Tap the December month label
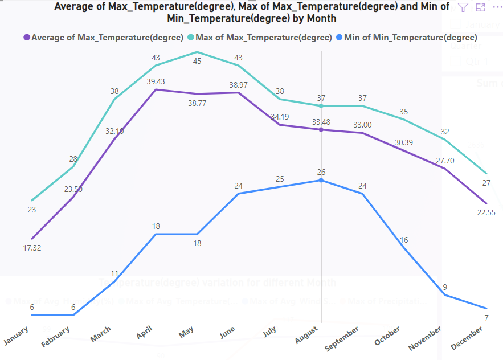(x=467, y=339)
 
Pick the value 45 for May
(x=197, y=61)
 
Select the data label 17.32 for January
(x=32, y=248)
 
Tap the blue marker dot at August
(x=321, y=180)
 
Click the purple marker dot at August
(x=321, y=130)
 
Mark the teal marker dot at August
(x=321, y=106)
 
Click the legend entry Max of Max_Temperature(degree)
(x=263, y=38)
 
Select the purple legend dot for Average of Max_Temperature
(x=26, y=38)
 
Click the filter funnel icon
(x=463, y=7)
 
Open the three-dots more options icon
(x=497, y=7)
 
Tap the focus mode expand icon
(x=480, y=7)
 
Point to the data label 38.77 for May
(x=197, y=104)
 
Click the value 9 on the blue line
(x=444, y=287)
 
